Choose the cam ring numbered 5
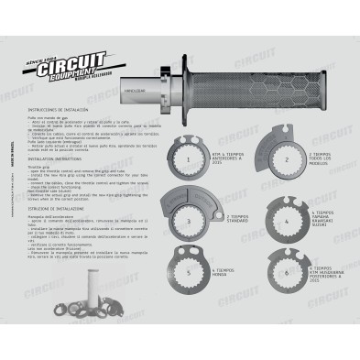[187, 272]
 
